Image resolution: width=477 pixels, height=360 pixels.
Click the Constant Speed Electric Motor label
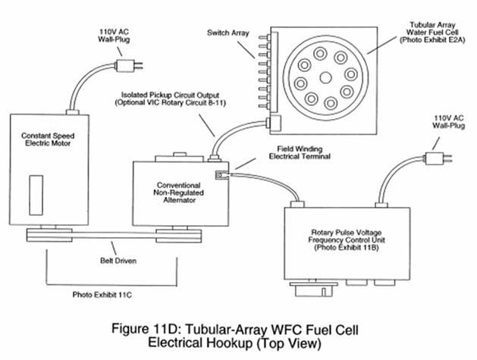click(x=48, y=139)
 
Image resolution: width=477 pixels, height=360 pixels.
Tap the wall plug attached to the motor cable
click(x=128, y=66)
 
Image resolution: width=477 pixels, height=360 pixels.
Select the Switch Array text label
click(x=228, y=33)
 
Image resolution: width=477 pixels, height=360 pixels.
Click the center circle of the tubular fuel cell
click(x=325, y=78)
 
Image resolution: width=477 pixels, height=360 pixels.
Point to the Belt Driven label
click(x=118, y=261)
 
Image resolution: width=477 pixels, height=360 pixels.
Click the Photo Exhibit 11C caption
click(x=102, y=295)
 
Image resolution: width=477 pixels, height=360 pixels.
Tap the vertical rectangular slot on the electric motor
click(x=36, y=196)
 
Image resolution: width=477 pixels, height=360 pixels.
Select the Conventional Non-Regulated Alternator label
click(x=178, y=193)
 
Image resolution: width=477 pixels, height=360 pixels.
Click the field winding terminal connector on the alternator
click(x=221, y=175)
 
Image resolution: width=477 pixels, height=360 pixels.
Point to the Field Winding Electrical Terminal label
click(x=300, y=152)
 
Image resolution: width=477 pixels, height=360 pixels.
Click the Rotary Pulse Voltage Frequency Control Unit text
click(x=347, y=240)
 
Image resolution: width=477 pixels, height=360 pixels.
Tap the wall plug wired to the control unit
click(x=438, y=158)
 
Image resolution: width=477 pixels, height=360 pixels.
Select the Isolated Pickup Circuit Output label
click(x=170, y=99)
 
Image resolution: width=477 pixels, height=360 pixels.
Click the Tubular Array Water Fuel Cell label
click(x=432, y=33)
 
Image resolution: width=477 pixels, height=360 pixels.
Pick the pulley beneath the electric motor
click(x=49, y=236)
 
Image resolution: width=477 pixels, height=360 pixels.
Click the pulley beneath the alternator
click(x=178, y=236)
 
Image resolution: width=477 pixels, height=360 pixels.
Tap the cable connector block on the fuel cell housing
click(x=274, y=123)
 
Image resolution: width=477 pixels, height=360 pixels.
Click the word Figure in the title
click(x=129, y=329)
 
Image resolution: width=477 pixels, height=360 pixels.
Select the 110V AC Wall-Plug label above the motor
click(x=114, y=36)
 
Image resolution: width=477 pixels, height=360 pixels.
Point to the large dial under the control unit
click(x=313, y=290)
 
